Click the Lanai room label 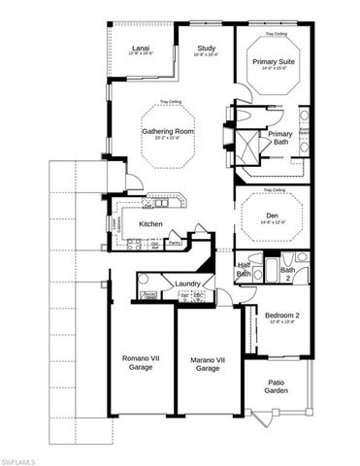pyautogui.click(x=141, y=48)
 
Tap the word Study pyautogui.click(x=206, y=48)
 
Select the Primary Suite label pyautogui.click(x=273, y=61)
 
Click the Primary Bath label pyautogui.click(x=280, y=139)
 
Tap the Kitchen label pyautogui.click(x=150, y=224)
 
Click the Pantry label pyautogui.click(x=176, y=243)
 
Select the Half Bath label pyautogui.click(x=245, y=270)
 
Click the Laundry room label pyautogui.click(x=187, y=283)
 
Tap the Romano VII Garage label pyautogui.click(x=137, y=363)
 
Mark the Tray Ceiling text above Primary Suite pyautogui.click(x=273, y=32)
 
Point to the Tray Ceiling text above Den pyautogui.click(x=273, y=190)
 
